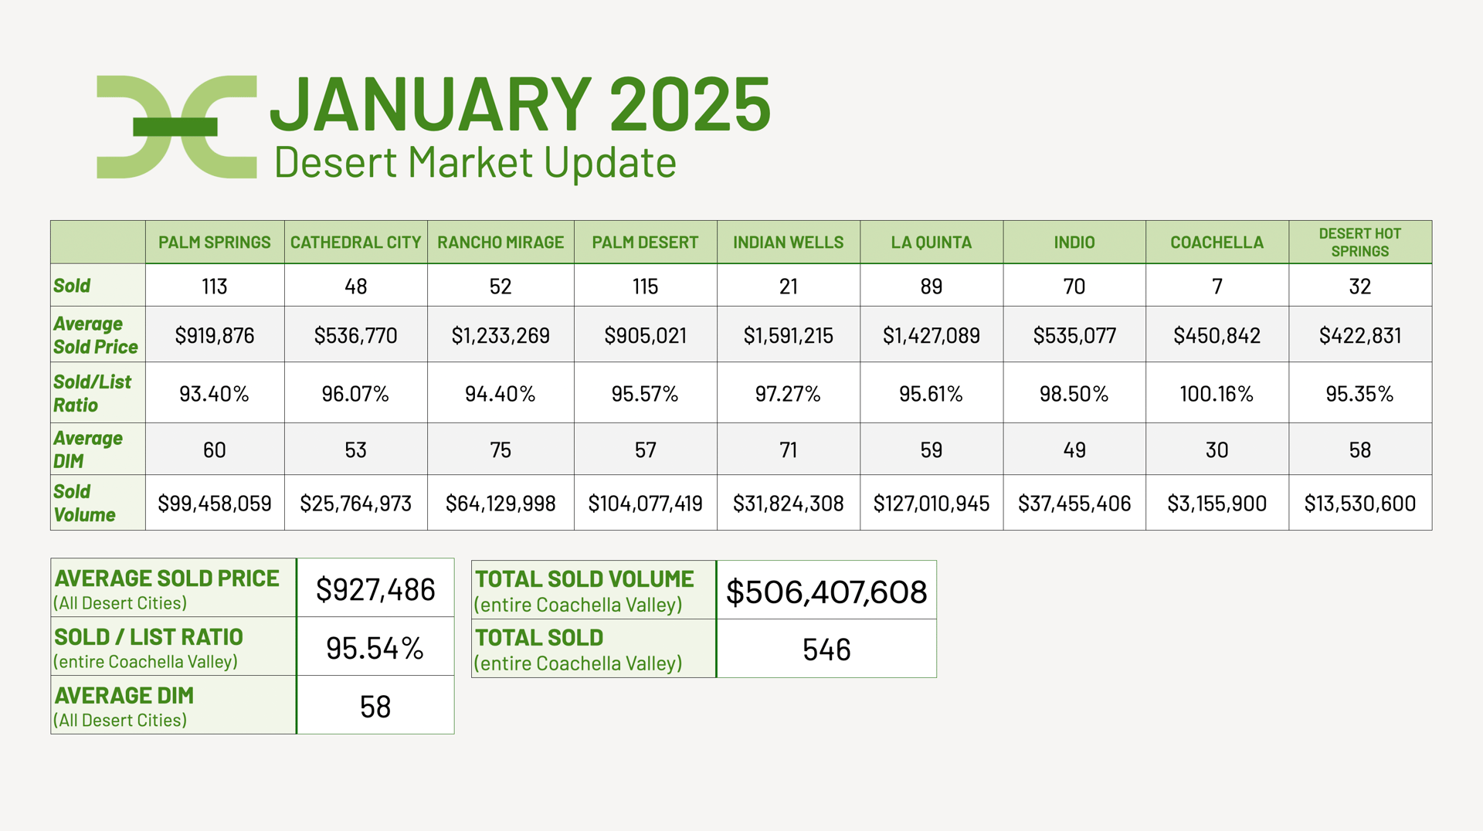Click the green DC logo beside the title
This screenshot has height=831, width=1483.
(176, 127)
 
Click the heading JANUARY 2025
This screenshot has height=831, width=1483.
(520, 104)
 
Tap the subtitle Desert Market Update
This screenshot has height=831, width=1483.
(475, 163)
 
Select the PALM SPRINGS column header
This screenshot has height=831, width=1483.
(215, 243)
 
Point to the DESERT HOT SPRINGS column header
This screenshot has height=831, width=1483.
(1359, 243)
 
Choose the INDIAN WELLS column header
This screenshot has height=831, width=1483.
(788, 243)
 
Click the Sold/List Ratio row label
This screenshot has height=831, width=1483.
(92, 393)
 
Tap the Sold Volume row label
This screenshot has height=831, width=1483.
(84, 503)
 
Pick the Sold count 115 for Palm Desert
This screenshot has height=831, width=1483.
(645, 287)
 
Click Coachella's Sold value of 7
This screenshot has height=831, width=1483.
(1217, 287)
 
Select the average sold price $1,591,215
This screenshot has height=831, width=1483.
(788, 335)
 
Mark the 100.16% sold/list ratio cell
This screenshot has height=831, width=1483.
(1217, 394)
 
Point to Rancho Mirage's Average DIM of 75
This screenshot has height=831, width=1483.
(501, 450)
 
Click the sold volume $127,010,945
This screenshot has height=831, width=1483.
(931, 504)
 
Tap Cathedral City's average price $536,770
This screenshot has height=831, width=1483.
(355, 335)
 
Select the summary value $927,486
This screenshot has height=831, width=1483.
(375, 590)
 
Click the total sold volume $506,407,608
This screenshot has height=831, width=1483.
(826, 592)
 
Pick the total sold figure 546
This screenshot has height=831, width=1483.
(826, 650)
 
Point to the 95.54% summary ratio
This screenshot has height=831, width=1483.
(375, 649)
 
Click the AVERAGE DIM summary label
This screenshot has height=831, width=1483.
(124, 696)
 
